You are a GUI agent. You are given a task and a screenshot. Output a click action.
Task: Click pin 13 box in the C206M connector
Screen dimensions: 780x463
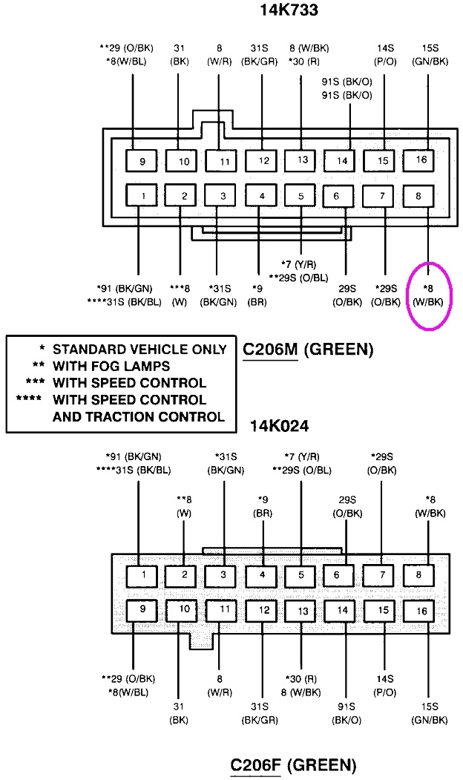pyautogui.click(x=301, y=159)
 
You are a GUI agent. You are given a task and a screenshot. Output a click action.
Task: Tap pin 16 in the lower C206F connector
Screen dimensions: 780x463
pyautogui.click(x=420, y=610)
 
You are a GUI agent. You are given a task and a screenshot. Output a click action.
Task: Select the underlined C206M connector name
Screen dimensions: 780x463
pyautogui.click(x=270, y=349)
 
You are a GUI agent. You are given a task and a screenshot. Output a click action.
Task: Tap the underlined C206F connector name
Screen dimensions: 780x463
pyautogui.click(x=255, y=764)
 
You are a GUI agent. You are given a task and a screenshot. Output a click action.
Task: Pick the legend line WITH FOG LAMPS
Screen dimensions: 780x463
pyautogui.click(x=111, y=366)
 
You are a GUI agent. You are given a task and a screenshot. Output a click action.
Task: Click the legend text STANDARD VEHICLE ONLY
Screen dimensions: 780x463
pyautogui.click(x=139, y=349)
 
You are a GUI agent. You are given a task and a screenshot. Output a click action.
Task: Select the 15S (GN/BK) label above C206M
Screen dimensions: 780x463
pyautogui.click(x=430, y=56)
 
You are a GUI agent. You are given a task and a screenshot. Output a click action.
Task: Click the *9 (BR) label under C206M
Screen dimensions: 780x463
pyautogui.click(x=258, y=295)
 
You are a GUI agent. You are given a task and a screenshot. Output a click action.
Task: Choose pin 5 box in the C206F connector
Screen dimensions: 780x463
pyautogui.click(x=301, y=574)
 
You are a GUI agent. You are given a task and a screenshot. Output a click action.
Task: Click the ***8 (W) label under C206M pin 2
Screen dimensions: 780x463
pyautogui.click(x=180, y=295)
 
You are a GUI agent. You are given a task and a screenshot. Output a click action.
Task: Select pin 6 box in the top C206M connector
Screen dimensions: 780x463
pyautogui.click(x=336, y=196)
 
